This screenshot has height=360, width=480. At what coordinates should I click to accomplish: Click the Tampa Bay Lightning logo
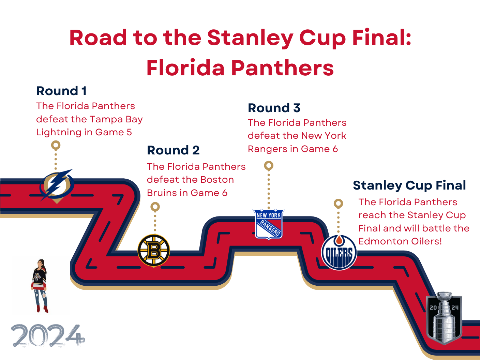tap(56, 185)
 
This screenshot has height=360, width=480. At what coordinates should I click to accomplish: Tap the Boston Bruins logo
tap(154, 250)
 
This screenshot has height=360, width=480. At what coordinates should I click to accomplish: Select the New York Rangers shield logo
tap(269, 224)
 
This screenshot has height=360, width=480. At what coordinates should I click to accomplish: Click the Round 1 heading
tap(61, 91)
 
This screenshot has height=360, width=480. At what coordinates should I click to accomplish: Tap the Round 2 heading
tap(173, 150)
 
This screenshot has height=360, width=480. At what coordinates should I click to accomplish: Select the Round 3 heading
tap(274, 108)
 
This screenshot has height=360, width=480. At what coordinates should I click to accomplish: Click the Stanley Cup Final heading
tap(409, 185)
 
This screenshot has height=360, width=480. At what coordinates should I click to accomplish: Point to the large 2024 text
tap(48, 335)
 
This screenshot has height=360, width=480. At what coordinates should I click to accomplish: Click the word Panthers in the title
tap(283, 68)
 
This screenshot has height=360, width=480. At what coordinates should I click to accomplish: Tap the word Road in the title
tap(98, 37)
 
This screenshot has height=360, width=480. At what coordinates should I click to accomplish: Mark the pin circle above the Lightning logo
tap(56, 145)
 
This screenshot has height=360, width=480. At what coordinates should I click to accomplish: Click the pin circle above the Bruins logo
tap(155, 207)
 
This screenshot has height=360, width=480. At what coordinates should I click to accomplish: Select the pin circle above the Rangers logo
tap(269, 166)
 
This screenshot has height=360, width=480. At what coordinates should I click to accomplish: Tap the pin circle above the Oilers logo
tap(338, 204)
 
